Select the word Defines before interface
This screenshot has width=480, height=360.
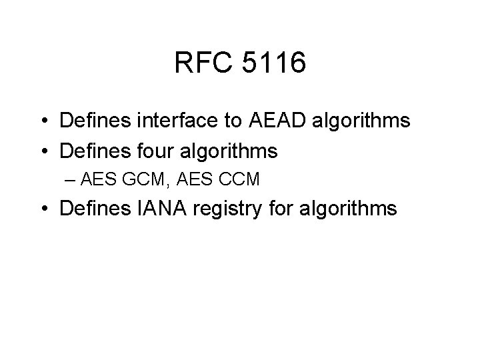93,122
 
